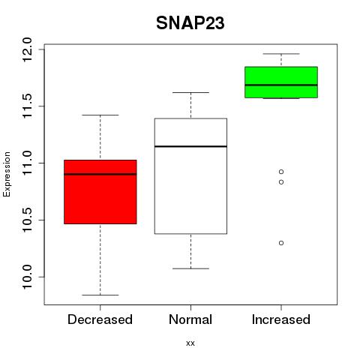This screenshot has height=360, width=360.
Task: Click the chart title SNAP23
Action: point(190,23)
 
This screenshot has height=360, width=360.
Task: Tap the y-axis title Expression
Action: point(7,174)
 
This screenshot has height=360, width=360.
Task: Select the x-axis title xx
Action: point(190,343)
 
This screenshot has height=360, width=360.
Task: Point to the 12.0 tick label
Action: point(27,49)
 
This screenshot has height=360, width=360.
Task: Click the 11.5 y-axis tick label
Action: point(27,106)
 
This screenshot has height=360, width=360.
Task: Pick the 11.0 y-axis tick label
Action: point(27,163)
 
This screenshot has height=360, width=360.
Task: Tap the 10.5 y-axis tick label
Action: point(27,220)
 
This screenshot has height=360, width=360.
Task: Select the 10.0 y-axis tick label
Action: point(27,277)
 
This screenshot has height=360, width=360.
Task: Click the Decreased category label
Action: point(100,319)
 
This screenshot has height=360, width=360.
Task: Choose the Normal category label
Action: point(190,319)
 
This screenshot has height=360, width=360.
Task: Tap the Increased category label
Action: point(281,319)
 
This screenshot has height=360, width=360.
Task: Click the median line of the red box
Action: point(100,174)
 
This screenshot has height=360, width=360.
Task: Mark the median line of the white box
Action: point(190,146)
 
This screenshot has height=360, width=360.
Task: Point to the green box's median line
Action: point(281,85)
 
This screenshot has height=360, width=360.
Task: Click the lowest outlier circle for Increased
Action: point(281,243)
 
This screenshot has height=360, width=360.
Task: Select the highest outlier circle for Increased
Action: point(281,172)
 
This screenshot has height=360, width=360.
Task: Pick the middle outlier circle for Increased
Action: point(281,182)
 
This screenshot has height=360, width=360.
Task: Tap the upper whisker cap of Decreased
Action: point(100,115)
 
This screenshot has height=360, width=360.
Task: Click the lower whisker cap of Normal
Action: point(190,268)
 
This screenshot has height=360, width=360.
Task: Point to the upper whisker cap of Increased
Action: point(281,54)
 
